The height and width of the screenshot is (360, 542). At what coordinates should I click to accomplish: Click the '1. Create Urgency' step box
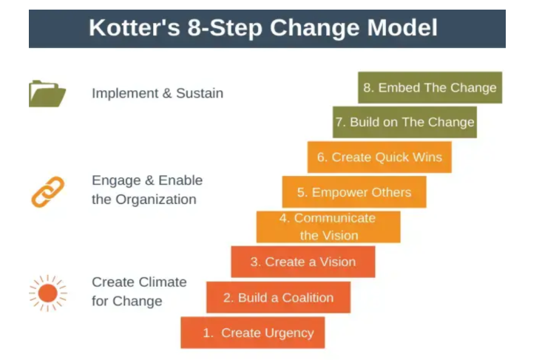click(x=253, y=333)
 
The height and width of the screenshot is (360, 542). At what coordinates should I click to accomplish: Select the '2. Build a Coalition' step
click(x=278, y=297)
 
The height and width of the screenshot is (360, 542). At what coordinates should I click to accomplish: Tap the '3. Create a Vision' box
click(x=303, y=262)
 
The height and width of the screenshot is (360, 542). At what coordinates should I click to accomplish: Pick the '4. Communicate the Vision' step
click(x=328, y=227)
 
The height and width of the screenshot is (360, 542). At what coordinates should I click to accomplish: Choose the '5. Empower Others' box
click(x=354, y=191)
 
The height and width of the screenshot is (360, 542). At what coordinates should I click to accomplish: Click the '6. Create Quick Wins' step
click(x=379, y=157)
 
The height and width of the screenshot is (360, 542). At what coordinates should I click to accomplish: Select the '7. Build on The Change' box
click(x=404, y=122)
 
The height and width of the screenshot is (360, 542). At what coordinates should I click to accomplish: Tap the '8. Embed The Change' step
click(x=430, y=87)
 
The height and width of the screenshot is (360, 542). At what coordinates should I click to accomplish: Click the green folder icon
click(x=47, y=94)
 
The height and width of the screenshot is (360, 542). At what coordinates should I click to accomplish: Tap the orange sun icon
click(x=48, y=293)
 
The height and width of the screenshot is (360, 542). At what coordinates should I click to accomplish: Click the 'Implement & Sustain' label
click(x=157, y=93)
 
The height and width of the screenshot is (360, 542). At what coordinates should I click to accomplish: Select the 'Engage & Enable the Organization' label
click(x=147, y=190)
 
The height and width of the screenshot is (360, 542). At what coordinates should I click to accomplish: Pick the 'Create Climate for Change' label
click(x=139, y=291)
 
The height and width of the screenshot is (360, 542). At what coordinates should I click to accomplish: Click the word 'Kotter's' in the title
click(x=135, y=27)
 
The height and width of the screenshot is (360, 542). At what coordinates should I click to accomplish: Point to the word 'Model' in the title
click(x=402, y=27)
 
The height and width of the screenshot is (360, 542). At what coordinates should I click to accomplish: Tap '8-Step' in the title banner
click(x=225, y=28)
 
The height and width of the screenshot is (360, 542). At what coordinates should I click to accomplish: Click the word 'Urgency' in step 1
click(x=290, y=333)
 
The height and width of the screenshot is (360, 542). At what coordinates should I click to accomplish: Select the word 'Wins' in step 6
click(x=427, y=157)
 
